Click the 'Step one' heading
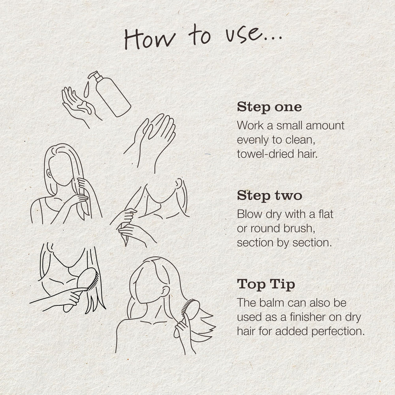[269, 107]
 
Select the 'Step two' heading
[269, 196]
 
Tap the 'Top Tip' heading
[266, 285]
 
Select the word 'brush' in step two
[298, 228]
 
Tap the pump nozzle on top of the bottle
[94, 75]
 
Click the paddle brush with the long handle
[81, 290]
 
